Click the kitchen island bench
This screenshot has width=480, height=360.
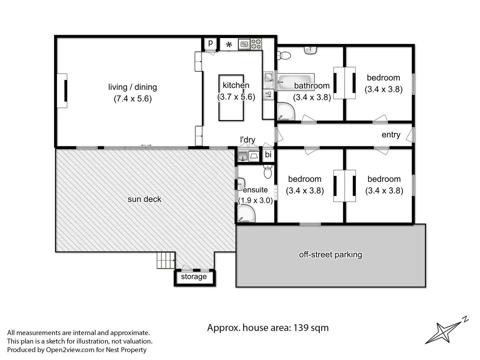[231, 98]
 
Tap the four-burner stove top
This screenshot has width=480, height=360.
[256, 44]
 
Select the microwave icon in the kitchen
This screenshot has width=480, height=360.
[244, 44]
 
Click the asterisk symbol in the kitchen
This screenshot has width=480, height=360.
[229, 45]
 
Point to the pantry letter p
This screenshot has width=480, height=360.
[210, 43]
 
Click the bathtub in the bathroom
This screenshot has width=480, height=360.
[295, 82]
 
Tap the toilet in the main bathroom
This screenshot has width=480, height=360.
[284, 56]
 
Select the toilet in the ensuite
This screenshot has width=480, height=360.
[268, 172]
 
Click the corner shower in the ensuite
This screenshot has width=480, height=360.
[246, 213]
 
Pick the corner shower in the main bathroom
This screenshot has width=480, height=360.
[286, 111]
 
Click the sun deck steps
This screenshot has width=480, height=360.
[166, 260]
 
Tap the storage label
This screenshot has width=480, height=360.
[194, 277]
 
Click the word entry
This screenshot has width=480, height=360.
[391, 135]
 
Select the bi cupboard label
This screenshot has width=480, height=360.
[268, 155]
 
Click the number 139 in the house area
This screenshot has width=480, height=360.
[301, 328]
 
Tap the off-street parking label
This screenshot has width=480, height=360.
[330, 255]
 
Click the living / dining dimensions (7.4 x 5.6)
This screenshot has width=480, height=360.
[133, 99]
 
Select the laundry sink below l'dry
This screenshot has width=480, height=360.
[243, 156]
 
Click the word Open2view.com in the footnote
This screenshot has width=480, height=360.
[70, 350]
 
